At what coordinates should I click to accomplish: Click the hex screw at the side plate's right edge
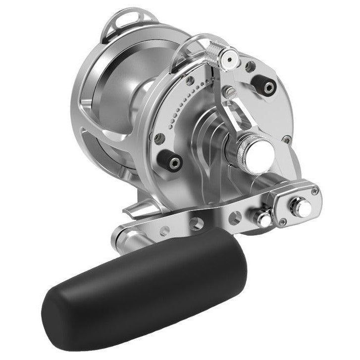click(286, 139)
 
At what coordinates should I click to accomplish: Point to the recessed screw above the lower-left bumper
click(158, 138)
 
